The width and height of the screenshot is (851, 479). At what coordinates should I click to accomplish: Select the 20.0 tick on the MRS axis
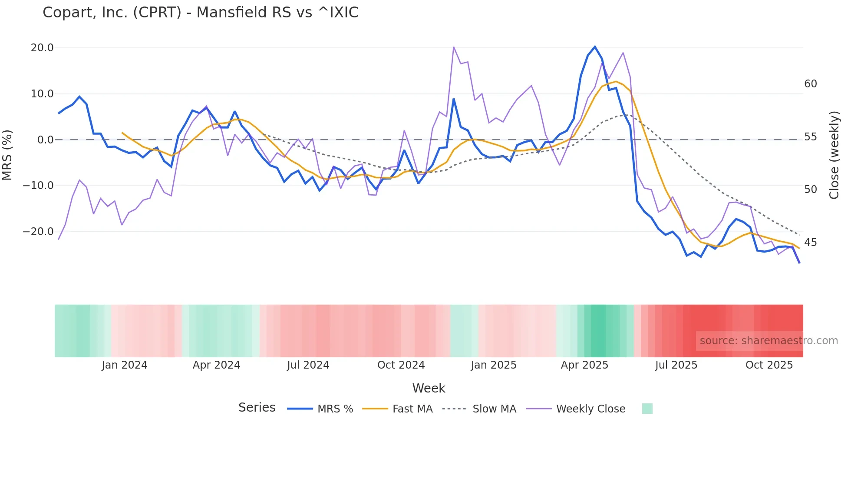coord(42,48)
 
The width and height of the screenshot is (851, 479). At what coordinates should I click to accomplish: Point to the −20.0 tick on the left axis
coord(38,232)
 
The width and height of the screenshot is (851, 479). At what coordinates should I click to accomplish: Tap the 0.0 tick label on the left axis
coord(45,140)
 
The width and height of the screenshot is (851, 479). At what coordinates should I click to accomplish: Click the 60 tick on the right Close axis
coord(810,84)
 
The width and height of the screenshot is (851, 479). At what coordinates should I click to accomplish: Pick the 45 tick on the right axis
coord(810,243)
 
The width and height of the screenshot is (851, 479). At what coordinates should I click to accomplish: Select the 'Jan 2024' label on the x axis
coord(125,365)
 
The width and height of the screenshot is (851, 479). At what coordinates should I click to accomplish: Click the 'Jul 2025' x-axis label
coord(676,365)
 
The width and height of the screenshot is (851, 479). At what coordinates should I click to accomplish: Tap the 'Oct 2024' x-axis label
coord(401,365)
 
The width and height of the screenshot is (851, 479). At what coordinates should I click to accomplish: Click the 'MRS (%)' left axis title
coord(7,155)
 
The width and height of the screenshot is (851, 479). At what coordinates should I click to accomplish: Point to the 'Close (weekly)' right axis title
coord(834,155)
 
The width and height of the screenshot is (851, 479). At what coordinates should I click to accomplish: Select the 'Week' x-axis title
coord(429,388)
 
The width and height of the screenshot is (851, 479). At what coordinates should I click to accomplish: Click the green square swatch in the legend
coord(647,409)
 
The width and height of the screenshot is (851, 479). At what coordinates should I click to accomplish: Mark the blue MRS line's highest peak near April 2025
coord(595,47)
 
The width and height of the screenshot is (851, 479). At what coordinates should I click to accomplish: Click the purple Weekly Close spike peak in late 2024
coord(453,47)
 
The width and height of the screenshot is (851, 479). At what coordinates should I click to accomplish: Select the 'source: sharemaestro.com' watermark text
coord(769,341)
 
